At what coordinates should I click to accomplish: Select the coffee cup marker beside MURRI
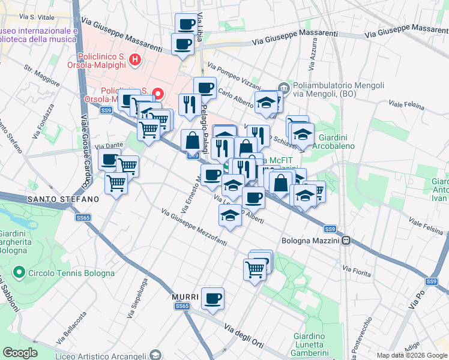(212, 298)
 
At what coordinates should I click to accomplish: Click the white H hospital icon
(135, 59)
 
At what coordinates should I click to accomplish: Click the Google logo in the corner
(20, 353)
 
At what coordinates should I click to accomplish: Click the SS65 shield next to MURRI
(182, 306)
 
